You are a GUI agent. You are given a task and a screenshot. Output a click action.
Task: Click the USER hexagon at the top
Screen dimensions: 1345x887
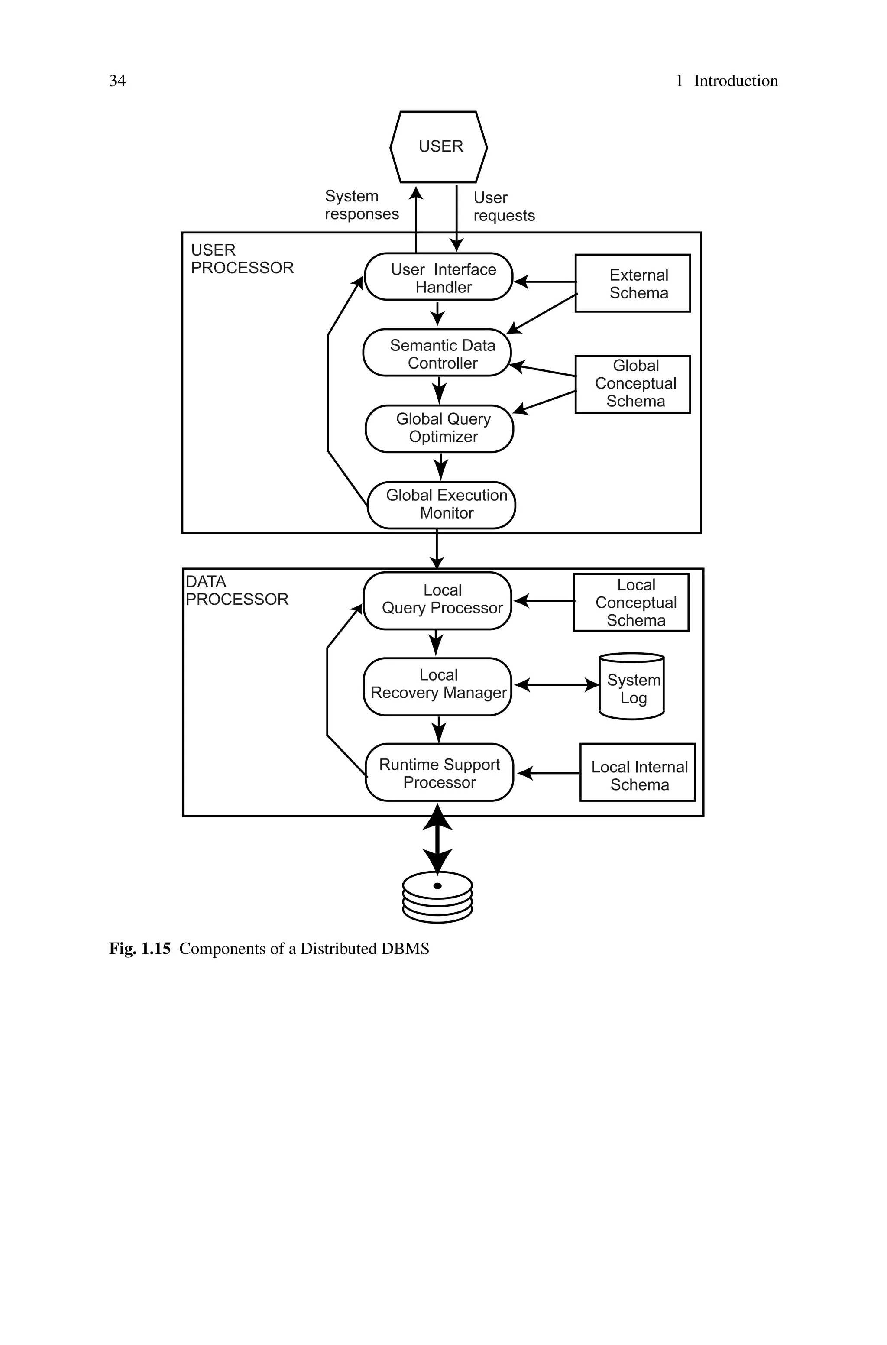point(438,146)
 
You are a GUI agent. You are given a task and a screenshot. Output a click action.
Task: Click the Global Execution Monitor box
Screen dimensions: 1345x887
point(441,505)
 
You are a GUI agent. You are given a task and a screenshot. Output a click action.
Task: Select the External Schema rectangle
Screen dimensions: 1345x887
point(632,283)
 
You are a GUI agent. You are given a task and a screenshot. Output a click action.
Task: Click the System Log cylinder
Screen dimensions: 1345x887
point(631,687)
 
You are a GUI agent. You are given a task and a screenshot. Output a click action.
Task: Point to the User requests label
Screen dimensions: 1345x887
point(503,207)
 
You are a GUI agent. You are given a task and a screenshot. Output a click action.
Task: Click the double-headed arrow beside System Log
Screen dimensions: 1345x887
point(556,685)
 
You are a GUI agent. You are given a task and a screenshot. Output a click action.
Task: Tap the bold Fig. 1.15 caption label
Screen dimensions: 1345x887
point(140,949)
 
